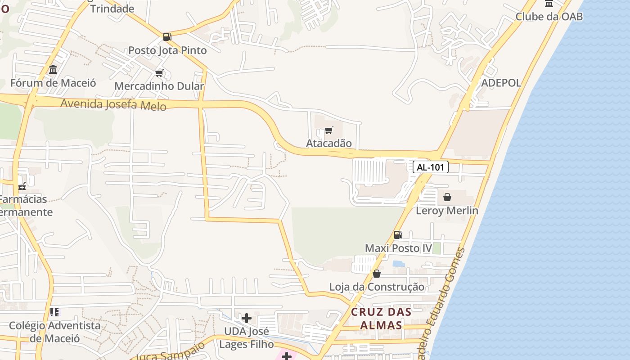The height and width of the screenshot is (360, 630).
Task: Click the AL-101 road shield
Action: pyautogui.click(x=431, y=167)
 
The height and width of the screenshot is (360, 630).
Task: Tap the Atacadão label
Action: pyautogui.click(x=329, y=144)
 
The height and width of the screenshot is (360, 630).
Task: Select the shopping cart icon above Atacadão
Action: pyautogui.click(x=329, y=130)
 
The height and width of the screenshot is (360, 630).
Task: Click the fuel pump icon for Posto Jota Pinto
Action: pyautogui.click(x=167, y=37)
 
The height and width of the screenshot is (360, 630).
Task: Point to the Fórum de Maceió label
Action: pyautogui.click(x=53, y=83)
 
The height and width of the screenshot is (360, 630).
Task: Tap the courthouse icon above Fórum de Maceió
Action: pyautogui.click(x=53, y=70)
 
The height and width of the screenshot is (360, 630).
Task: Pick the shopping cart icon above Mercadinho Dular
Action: pyautogui.click(x=159, y=73)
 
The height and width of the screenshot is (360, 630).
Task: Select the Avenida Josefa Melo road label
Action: pyautogui.click(x=113, y=104)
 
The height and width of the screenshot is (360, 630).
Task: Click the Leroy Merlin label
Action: pyautogui.click(x=447, y=211)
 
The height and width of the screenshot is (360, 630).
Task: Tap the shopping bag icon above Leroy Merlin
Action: pyautogui.click(x=447, y=197)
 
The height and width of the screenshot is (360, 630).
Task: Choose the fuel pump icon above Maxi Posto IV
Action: pyautogui.click(x=398, y=235)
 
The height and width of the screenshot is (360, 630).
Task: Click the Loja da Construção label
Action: pyautogui.click(x=377, y=287)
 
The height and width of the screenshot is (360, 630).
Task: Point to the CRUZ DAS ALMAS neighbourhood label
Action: pyautogui.click(x=381, y=318)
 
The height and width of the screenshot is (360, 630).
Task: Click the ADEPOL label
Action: pyautogui.click(x=501, y=83)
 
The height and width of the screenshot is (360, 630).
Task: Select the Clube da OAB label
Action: pyautogui.click(x=549, y=17)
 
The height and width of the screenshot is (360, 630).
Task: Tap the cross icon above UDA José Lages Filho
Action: pyautogui.click(x=247, y=319)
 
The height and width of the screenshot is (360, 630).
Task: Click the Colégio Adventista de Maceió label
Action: pyautogui.click(x=55, y=332)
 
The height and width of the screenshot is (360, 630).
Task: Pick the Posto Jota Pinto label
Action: pyautogui.click(x=167, y=50)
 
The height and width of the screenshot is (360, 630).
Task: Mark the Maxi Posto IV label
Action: pyautogui.click(x=398, y=248)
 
